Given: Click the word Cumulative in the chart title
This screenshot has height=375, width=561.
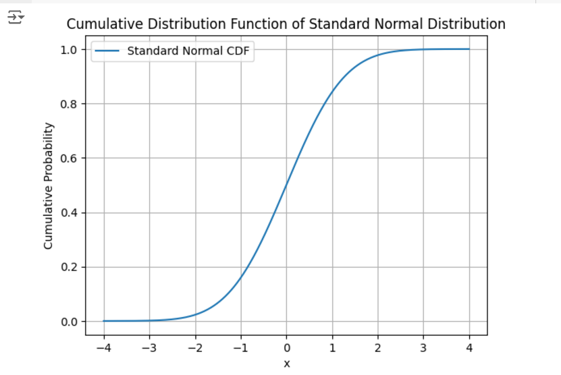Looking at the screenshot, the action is (x=105, y=24).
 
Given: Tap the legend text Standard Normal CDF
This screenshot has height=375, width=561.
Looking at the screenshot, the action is (x=188, y=51).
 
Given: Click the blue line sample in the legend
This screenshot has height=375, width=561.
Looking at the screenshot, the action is (x=107, y=51).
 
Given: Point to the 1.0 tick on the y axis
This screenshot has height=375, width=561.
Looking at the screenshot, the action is (x=69, y=50).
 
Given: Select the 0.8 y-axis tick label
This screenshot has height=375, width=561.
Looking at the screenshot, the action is (x=69, y=104).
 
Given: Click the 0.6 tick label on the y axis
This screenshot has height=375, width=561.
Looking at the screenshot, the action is (x=69, y=158).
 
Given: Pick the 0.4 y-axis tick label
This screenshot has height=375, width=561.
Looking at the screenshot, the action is (x=69, y=213).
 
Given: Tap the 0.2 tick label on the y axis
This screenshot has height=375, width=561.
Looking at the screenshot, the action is (x=69, y=267).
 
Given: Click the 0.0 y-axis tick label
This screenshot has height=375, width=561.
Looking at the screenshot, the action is (x=69, y=322).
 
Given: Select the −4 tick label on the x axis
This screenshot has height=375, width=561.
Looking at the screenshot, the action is (x=104, y=348).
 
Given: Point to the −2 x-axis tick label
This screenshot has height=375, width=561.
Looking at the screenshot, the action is (x=195, y=348).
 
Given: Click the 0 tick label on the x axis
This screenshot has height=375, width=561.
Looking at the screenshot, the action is (x=287, y=348).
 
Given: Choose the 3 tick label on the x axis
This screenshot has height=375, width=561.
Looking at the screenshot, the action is (x=423, y=348).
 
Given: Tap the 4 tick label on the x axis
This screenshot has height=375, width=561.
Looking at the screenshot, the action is (x=469, y=348).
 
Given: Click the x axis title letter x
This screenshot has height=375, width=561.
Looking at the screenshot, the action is (x=287, y=364).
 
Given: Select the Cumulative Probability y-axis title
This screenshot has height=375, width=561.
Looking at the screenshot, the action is (x=49, y=185).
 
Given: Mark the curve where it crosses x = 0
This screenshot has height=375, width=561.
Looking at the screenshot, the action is (x=287, y=185).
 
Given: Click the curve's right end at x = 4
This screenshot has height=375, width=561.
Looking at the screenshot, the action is (x=469, y=49).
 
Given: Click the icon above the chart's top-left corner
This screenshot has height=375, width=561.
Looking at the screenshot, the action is (x=16, y=17).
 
